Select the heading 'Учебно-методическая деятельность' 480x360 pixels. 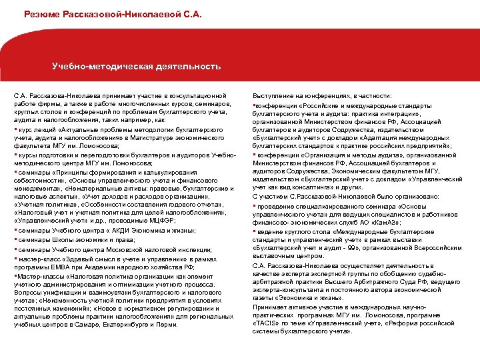(x=137, y=67)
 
